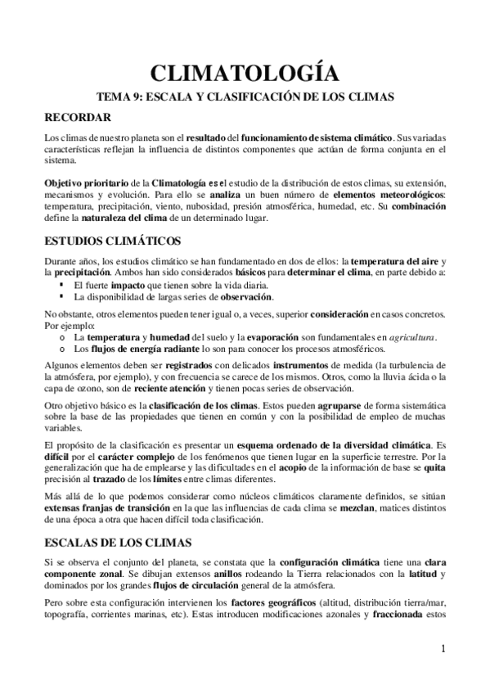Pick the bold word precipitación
[80, 271]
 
